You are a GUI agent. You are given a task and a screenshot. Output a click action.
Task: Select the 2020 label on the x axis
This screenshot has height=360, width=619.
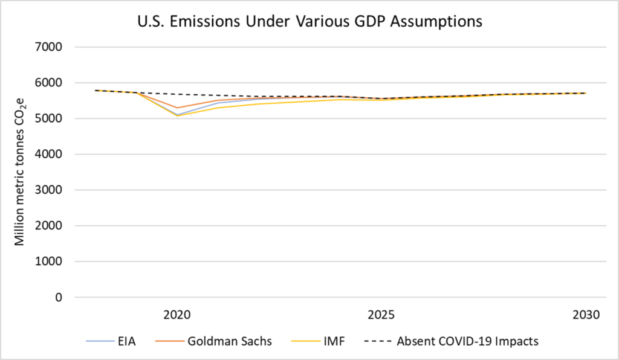coord(177,315)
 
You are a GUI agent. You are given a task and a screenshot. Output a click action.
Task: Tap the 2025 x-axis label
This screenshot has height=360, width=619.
coord(381,315)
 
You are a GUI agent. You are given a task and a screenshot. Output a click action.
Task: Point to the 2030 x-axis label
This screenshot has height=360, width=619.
coord(586,315)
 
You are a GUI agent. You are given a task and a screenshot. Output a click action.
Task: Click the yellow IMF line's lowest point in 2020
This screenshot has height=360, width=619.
coord(177,116)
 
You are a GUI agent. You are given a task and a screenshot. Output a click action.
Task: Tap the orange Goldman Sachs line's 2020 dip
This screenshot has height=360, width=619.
coord(177,108)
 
